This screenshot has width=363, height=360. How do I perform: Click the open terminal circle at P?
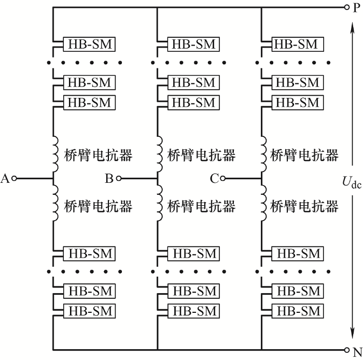(x=346, y=7)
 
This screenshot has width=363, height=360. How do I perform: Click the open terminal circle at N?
(x=346, y=350)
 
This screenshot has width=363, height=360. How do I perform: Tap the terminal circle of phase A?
(x=15, y=179)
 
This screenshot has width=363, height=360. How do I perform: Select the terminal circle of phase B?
(x=119, y=179)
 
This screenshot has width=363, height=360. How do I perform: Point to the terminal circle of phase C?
(x=222, y=179)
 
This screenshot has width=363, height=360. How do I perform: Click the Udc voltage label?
(x=352, y=182)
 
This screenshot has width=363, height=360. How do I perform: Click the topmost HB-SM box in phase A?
(x=89, y=44)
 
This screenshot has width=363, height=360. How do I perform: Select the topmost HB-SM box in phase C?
(x=298, y=44)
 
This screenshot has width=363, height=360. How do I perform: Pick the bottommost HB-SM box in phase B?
(x=193, y=311)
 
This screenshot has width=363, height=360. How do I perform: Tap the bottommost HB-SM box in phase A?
(x=89, y=311)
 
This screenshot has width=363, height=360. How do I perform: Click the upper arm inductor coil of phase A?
(x=56, y=154)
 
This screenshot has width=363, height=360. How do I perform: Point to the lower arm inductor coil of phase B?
(x=160, y=203)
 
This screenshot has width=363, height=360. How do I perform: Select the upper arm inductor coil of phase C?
(x=264, y=154)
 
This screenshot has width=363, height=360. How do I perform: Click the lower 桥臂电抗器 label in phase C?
(x=304, y=206)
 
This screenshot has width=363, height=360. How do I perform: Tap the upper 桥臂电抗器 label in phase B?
(x=201, y=155)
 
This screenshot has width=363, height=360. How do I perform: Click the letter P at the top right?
(x=356, y=8)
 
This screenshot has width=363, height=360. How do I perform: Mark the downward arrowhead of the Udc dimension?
(x=352, y=333)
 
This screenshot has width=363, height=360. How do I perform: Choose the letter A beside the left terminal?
(x=5, y=179)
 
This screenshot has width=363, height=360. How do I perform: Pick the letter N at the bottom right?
(x=357, y=352)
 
